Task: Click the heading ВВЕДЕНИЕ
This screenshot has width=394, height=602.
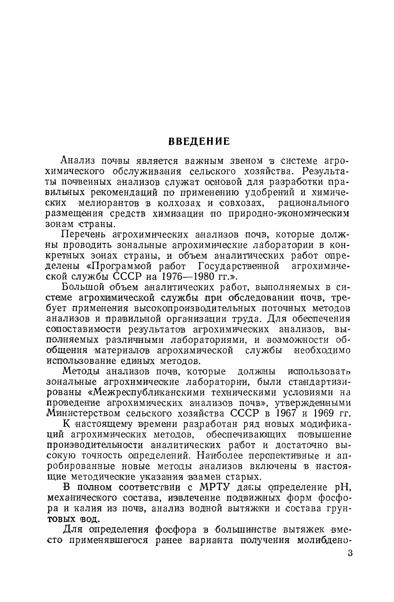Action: point(199,141)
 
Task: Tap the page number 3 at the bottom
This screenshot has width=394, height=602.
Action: point(350,553)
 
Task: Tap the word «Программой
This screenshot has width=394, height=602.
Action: point(116,266)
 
